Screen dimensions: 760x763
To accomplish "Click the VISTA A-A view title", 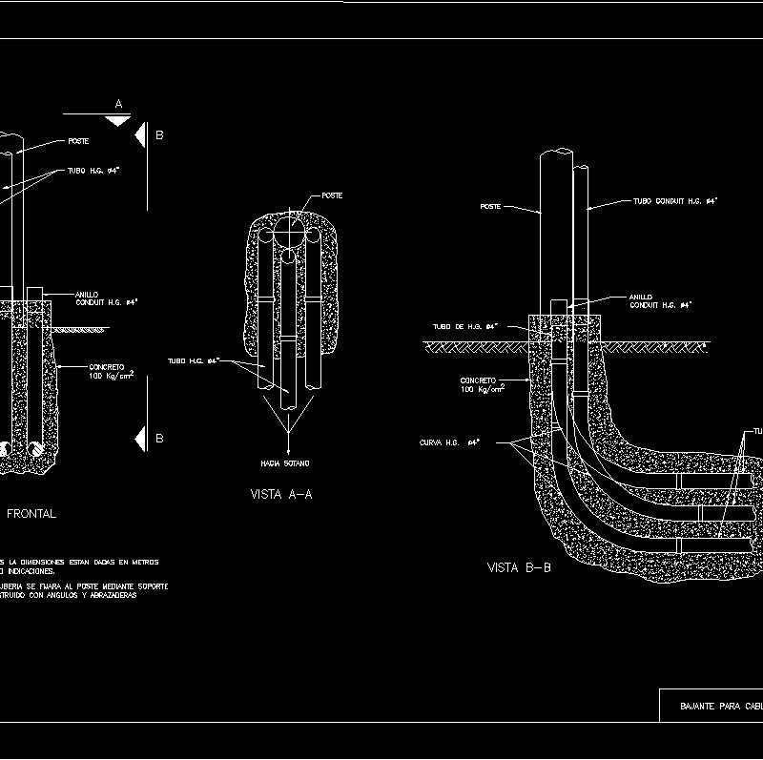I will click(x=281, y=495).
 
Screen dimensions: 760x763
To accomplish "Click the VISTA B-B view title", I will click(x=519, y=568).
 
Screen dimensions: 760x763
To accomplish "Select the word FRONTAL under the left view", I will click(x=31, y=514).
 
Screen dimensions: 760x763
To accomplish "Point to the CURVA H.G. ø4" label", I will click(x=448, y=442).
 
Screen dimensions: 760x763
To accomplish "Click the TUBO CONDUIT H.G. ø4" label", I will click(x=675, y=202).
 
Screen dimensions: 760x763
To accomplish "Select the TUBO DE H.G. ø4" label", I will click(x=465, y=327).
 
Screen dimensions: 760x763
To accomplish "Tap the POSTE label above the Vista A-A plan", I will click(x=332, y=195).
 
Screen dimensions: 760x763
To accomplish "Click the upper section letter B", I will click(x=159, y=135).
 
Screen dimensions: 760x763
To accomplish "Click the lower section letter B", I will click(x=159, y=439).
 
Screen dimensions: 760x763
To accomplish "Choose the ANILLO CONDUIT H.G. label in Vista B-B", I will click(x=659, y=301).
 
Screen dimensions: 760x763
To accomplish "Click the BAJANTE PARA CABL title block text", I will click(x=719, y=707).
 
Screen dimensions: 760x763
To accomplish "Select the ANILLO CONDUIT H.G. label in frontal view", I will click(x=106, y=298).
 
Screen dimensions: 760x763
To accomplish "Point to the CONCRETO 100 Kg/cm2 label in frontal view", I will click(x=111, y=371).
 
